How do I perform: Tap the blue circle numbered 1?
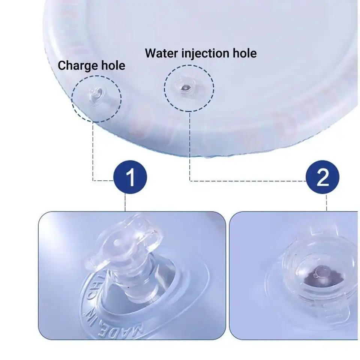pos(130,178)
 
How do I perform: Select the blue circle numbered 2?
pos(323,178)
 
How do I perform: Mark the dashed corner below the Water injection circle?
pos(190,180)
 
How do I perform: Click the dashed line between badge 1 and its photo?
pos(125,203)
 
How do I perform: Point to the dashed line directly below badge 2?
pos(327,203)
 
